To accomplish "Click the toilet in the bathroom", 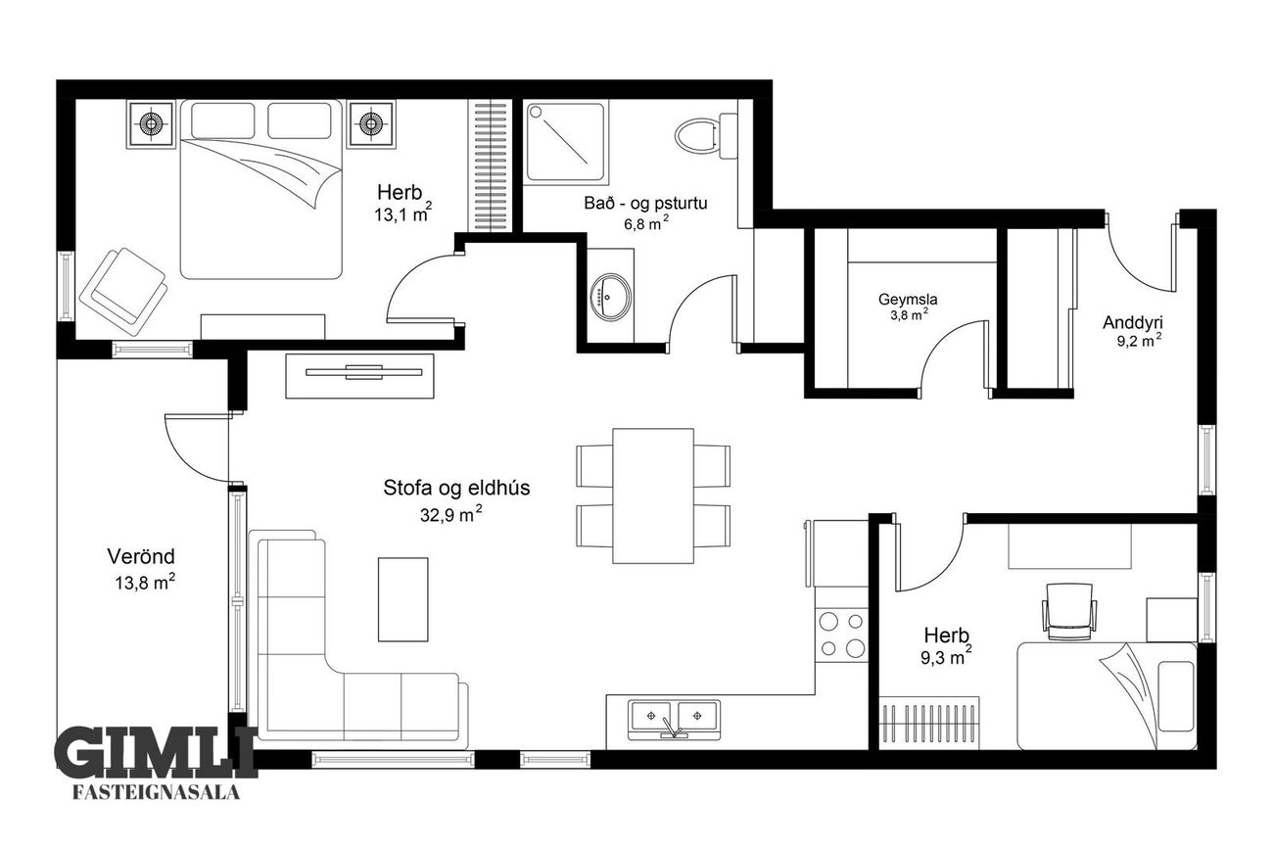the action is pos(706,135).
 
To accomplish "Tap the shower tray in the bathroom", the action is pos(565,141).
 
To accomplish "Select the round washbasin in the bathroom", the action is pos(610,298).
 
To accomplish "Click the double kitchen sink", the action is pos(674,720).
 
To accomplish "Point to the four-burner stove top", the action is pos(842,635).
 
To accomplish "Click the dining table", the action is pos(653,496).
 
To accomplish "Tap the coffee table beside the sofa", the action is pos(403,599).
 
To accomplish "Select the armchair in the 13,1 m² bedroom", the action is pos(123,292).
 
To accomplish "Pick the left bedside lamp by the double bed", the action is pos(150,125).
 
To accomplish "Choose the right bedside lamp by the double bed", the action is pos(371,125).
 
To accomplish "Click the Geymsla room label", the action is pos(908,299).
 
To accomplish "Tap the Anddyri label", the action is pos(1133,323).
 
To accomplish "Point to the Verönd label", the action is pos(141,556).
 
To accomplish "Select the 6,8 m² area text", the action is pos(646,223).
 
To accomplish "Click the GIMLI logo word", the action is pos(157,753).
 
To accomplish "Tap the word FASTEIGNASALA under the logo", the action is pos(157,793).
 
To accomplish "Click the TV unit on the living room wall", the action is pos(359,376).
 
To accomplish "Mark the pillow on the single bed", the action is pos(1176,696).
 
